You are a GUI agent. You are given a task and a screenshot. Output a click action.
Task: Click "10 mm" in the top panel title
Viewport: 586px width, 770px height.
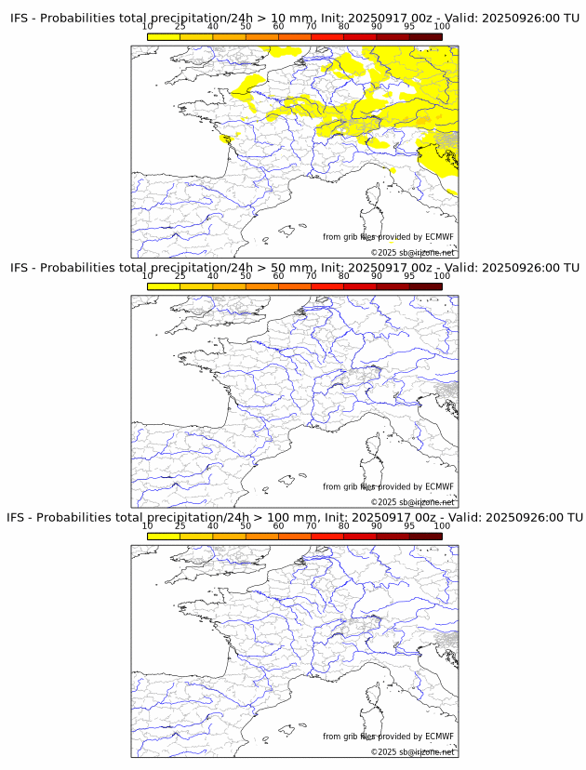coord(291,19)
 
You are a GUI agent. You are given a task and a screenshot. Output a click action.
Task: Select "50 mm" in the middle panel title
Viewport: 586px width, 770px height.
coord(291,268)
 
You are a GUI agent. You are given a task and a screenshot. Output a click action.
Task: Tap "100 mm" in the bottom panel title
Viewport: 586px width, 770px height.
coord(295,517)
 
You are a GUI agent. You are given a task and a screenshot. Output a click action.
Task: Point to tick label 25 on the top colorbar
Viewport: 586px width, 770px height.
coord(180,26)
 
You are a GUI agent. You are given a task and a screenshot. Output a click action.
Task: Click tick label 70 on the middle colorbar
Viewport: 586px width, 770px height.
coord(311,275)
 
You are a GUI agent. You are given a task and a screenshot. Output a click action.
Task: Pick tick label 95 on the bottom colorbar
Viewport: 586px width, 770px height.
coord(409,525)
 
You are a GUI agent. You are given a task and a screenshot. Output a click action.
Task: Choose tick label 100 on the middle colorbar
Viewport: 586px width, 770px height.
coord(442,275)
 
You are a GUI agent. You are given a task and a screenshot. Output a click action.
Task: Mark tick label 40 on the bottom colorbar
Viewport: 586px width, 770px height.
coord(213,525)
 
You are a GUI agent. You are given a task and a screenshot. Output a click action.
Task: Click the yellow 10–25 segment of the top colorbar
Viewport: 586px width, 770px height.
coord(164,36)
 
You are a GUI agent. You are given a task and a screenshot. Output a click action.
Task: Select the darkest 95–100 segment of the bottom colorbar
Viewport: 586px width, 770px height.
coord(425,536)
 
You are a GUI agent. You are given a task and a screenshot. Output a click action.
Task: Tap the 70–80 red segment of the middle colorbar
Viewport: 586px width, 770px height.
coord(326,286)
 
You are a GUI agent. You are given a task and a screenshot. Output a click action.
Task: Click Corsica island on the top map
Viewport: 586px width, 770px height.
coord(375,197)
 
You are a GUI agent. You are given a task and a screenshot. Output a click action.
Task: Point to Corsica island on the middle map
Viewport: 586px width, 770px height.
coord(375,446)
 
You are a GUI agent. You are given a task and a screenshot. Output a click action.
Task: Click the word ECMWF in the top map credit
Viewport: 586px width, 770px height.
coord(439,237)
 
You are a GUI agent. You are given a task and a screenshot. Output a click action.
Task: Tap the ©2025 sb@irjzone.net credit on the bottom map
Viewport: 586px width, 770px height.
coord(412,751)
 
